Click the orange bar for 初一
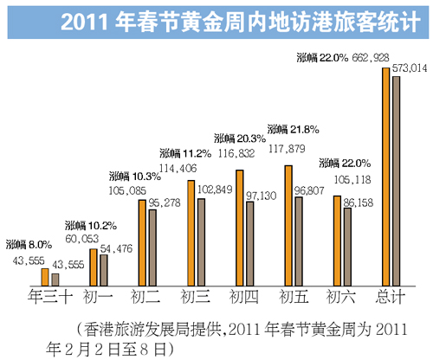point(94,267)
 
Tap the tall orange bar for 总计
point(386,176)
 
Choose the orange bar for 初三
point(191,232)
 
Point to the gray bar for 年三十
point(55,279)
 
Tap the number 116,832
point(236,151)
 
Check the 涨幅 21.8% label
point(294,129)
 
